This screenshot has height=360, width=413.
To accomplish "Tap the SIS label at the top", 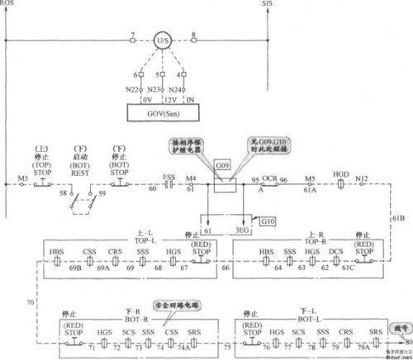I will [x=267, y=4].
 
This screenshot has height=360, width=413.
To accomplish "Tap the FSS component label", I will [x=169, y=176].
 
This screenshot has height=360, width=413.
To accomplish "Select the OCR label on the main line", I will [x=268, y=178].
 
